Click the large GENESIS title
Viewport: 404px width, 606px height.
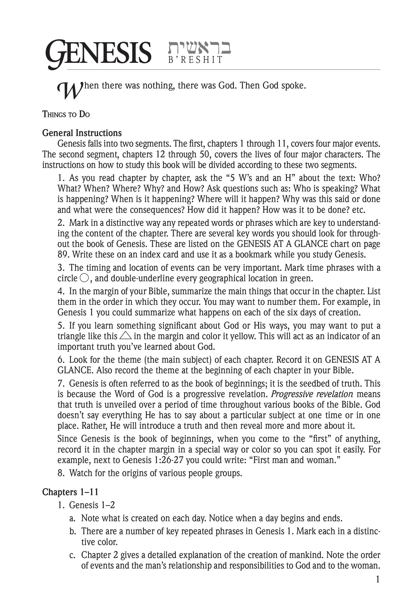pyautogui.click(x=98, y=53)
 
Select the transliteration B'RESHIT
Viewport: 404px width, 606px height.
pyautogui.click(x=195, y=60)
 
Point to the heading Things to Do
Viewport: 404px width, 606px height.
pyautogui.click(x=66, y=114)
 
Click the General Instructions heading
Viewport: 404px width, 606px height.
pyautogui.click(x=82, y=133)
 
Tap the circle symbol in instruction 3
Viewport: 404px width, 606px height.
pyautogui.click(x=85, y=278)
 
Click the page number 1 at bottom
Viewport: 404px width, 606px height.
pyautogui.click(x=378, y=580)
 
